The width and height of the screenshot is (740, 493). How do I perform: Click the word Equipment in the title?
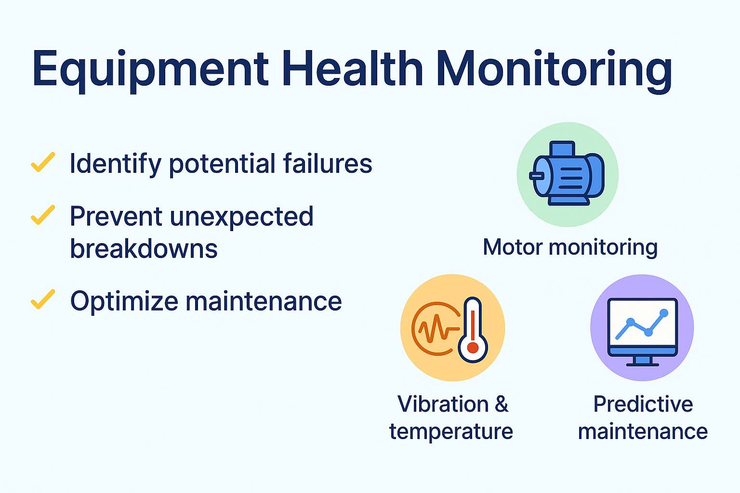(151, 70)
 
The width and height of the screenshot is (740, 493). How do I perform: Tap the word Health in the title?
(353, 68)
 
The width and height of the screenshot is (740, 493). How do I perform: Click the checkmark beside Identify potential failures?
(43, 162)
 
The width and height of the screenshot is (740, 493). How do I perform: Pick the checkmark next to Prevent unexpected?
(43, 215)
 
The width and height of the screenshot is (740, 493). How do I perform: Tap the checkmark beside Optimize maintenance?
(43, 299)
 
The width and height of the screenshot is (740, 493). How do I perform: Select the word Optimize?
(124, 302)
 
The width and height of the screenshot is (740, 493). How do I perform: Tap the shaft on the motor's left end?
(536, 176)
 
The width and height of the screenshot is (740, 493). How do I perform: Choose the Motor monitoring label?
(570, 247)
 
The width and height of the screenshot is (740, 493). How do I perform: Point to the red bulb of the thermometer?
(473, 348)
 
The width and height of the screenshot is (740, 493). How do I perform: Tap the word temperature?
(451, 431)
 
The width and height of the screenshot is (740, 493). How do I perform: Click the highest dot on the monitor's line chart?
(664, 313)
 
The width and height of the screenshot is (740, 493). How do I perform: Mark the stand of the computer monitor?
(643, 361)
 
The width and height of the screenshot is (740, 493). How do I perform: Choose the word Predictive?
(643, 404)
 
